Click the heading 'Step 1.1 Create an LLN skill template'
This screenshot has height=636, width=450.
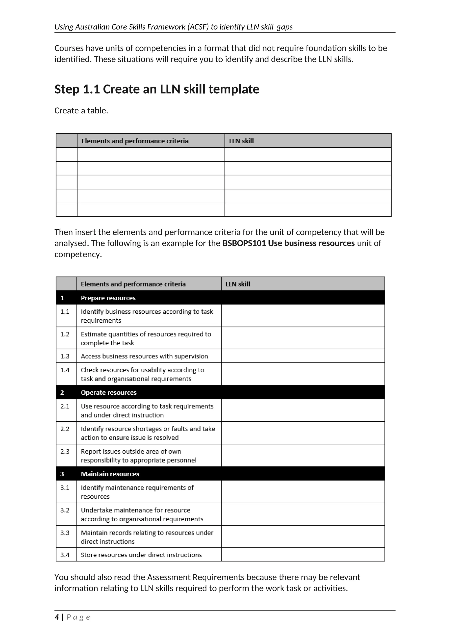(157, 89)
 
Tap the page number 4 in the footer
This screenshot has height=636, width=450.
(57, 617)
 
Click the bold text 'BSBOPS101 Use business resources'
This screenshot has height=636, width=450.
(289, 243)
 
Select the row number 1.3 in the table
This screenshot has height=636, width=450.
(65, 356)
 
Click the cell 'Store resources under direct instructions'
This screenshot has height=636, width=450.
(141, 555)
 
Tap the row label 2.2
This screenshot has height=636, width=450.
(65, 429)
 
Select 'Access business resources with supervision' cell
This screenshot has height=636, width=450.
(144, 356)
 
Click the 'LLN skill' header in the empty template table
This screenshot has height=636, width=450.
(241, 141)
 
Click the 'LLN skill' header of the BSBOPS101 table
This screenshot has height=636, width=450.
(238, 284)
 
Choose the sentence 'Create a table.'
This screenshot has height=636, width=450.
(81, 110)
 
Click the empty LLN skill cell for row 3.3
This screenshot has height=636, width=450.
(303, 537)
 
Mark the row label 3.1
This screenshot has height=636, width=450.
(65, 488)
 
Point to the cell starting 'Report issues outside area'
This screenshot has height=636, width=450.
(139, 456)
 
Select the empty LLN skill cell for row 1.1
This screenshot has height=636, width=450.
(303, 316)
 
